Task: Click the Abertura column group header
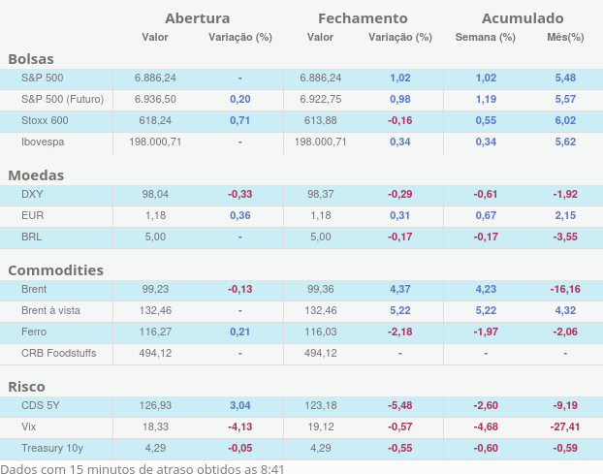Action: tap(197, 18)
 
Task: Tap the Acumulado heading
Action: tap(523, 18)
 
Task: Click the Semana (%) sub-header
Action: tap(485, 38)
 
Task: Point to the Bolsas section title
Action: tap(31, 59)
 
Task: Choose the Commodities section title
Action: tap(55, 270)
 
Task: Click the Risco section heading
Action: tap(26, 387)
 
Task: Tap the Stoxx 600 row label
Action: tap(45, 120)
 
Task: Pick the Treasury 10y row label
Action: tap(52, 448)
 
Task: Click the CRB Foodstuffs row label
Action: tap(58, 353)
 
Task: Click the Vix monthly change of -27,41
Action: tap(565, 427)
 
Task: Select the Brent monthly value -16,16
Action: tap(565, 289)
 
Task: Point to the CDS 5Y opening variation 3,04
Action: tap(239, 405)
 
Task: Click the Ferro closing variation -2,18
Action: tap(399, 332)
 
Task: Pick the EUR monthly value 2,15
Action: tap(565, 215)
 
